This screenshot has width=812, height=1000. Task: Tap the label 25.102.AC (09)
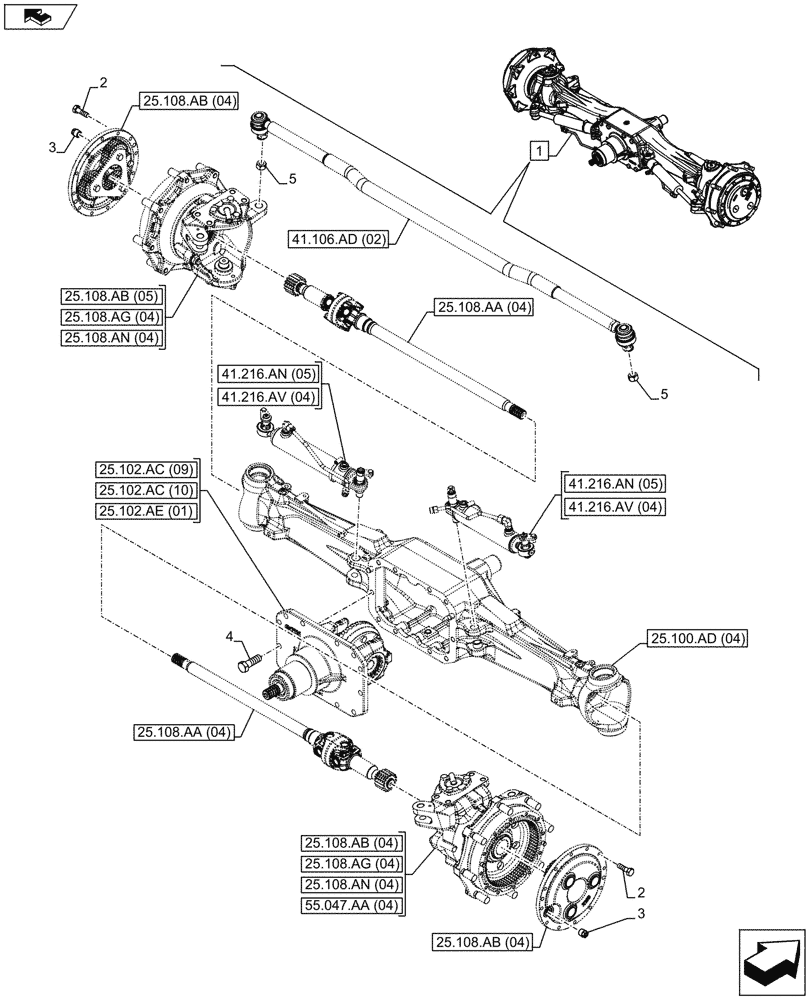148,469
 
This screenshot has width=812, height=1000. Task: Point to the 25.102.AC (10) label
148,490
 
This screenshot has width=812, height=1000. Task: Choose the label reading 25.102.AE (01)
148,511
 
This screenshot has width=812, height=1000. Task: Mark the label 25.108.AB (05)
112,297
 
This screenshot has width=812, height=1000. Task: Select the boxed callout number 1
539,152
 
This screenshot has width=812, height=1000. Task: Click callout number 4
230,636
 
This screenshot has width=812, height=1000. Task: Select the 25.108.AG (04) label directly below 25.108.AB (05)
112,317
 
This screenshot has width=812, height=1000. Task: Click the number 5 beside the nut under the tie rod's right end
662,396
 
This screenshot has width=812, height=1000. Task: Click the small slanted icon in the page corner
39,15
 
